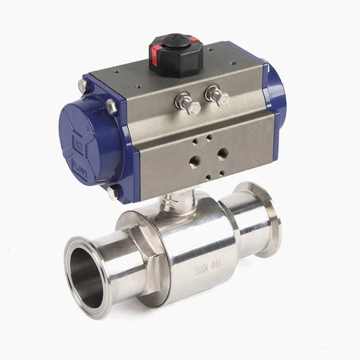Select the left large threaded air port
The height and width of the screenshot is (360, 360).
(196, 161)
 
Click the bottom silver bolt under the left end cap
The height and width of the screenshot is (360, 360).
(112, 193)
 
